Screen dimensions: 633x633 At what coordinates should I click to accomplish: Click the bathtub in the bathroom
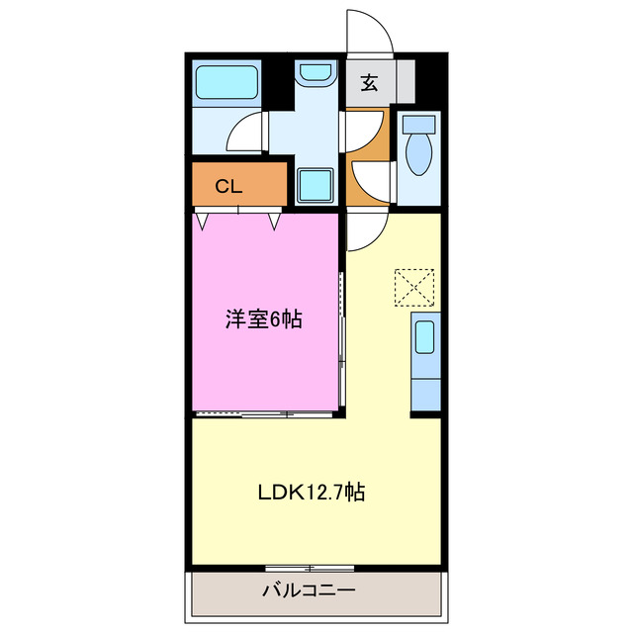[226, 82]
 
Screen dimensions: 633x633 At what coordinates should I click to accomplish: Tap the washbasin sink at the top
[316, 72]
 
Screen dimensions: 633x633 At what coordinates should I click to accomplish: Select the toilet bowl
[419, 151]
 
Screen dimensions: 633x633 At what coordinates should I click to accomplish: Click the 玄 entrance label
[369, 83]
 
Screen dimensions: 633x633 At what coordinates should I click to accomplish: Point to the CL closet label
[228, 185]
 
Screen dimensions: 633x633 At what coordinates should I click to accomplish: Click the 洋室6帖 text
[263, 318]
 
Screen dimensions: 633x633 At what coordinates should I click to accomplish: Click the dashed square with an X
[413, 287]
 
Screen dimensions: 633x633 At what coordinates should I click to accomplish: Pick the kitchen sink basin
[424, 337]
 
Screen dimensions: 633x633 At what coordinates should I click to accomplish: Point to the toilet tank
[419, 124]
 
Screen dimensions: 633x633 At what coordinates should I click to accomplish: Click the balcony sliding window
[309, 568]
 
